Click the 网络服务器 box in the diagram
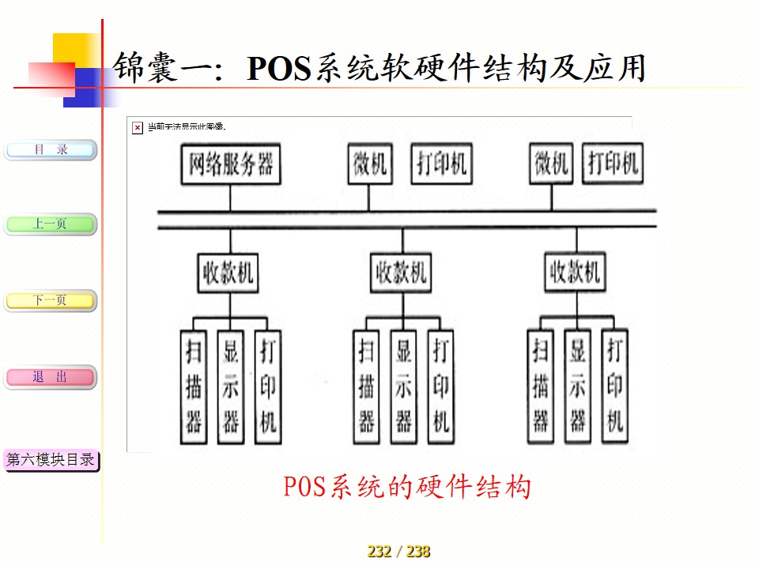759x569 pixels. click(231, 164)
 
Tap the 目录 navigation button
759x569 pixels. click(51, 150)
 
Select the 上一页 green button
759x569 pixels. click(51, 224)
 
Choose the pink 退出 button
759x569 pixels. click(51, 378)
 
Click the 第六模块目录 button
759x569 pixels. click(51, 460)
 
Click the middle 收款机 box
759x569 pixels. click(402, 274)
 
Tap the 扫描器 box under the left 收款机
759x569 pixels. click(194, 385)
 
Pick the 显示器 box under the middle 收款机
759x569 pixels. click(404, 386)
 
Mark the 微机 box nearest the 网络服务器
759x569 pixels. click(369, 164)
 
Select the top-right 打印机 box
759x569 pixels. click(613, 164)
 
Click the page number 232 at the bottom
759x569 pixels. click(379, 552)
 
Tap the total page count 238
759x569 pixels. click(418, 552)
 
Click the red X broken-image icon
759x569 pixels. click(138, 127)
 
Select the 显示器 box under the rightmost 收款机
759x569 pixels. click(578, 385)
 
